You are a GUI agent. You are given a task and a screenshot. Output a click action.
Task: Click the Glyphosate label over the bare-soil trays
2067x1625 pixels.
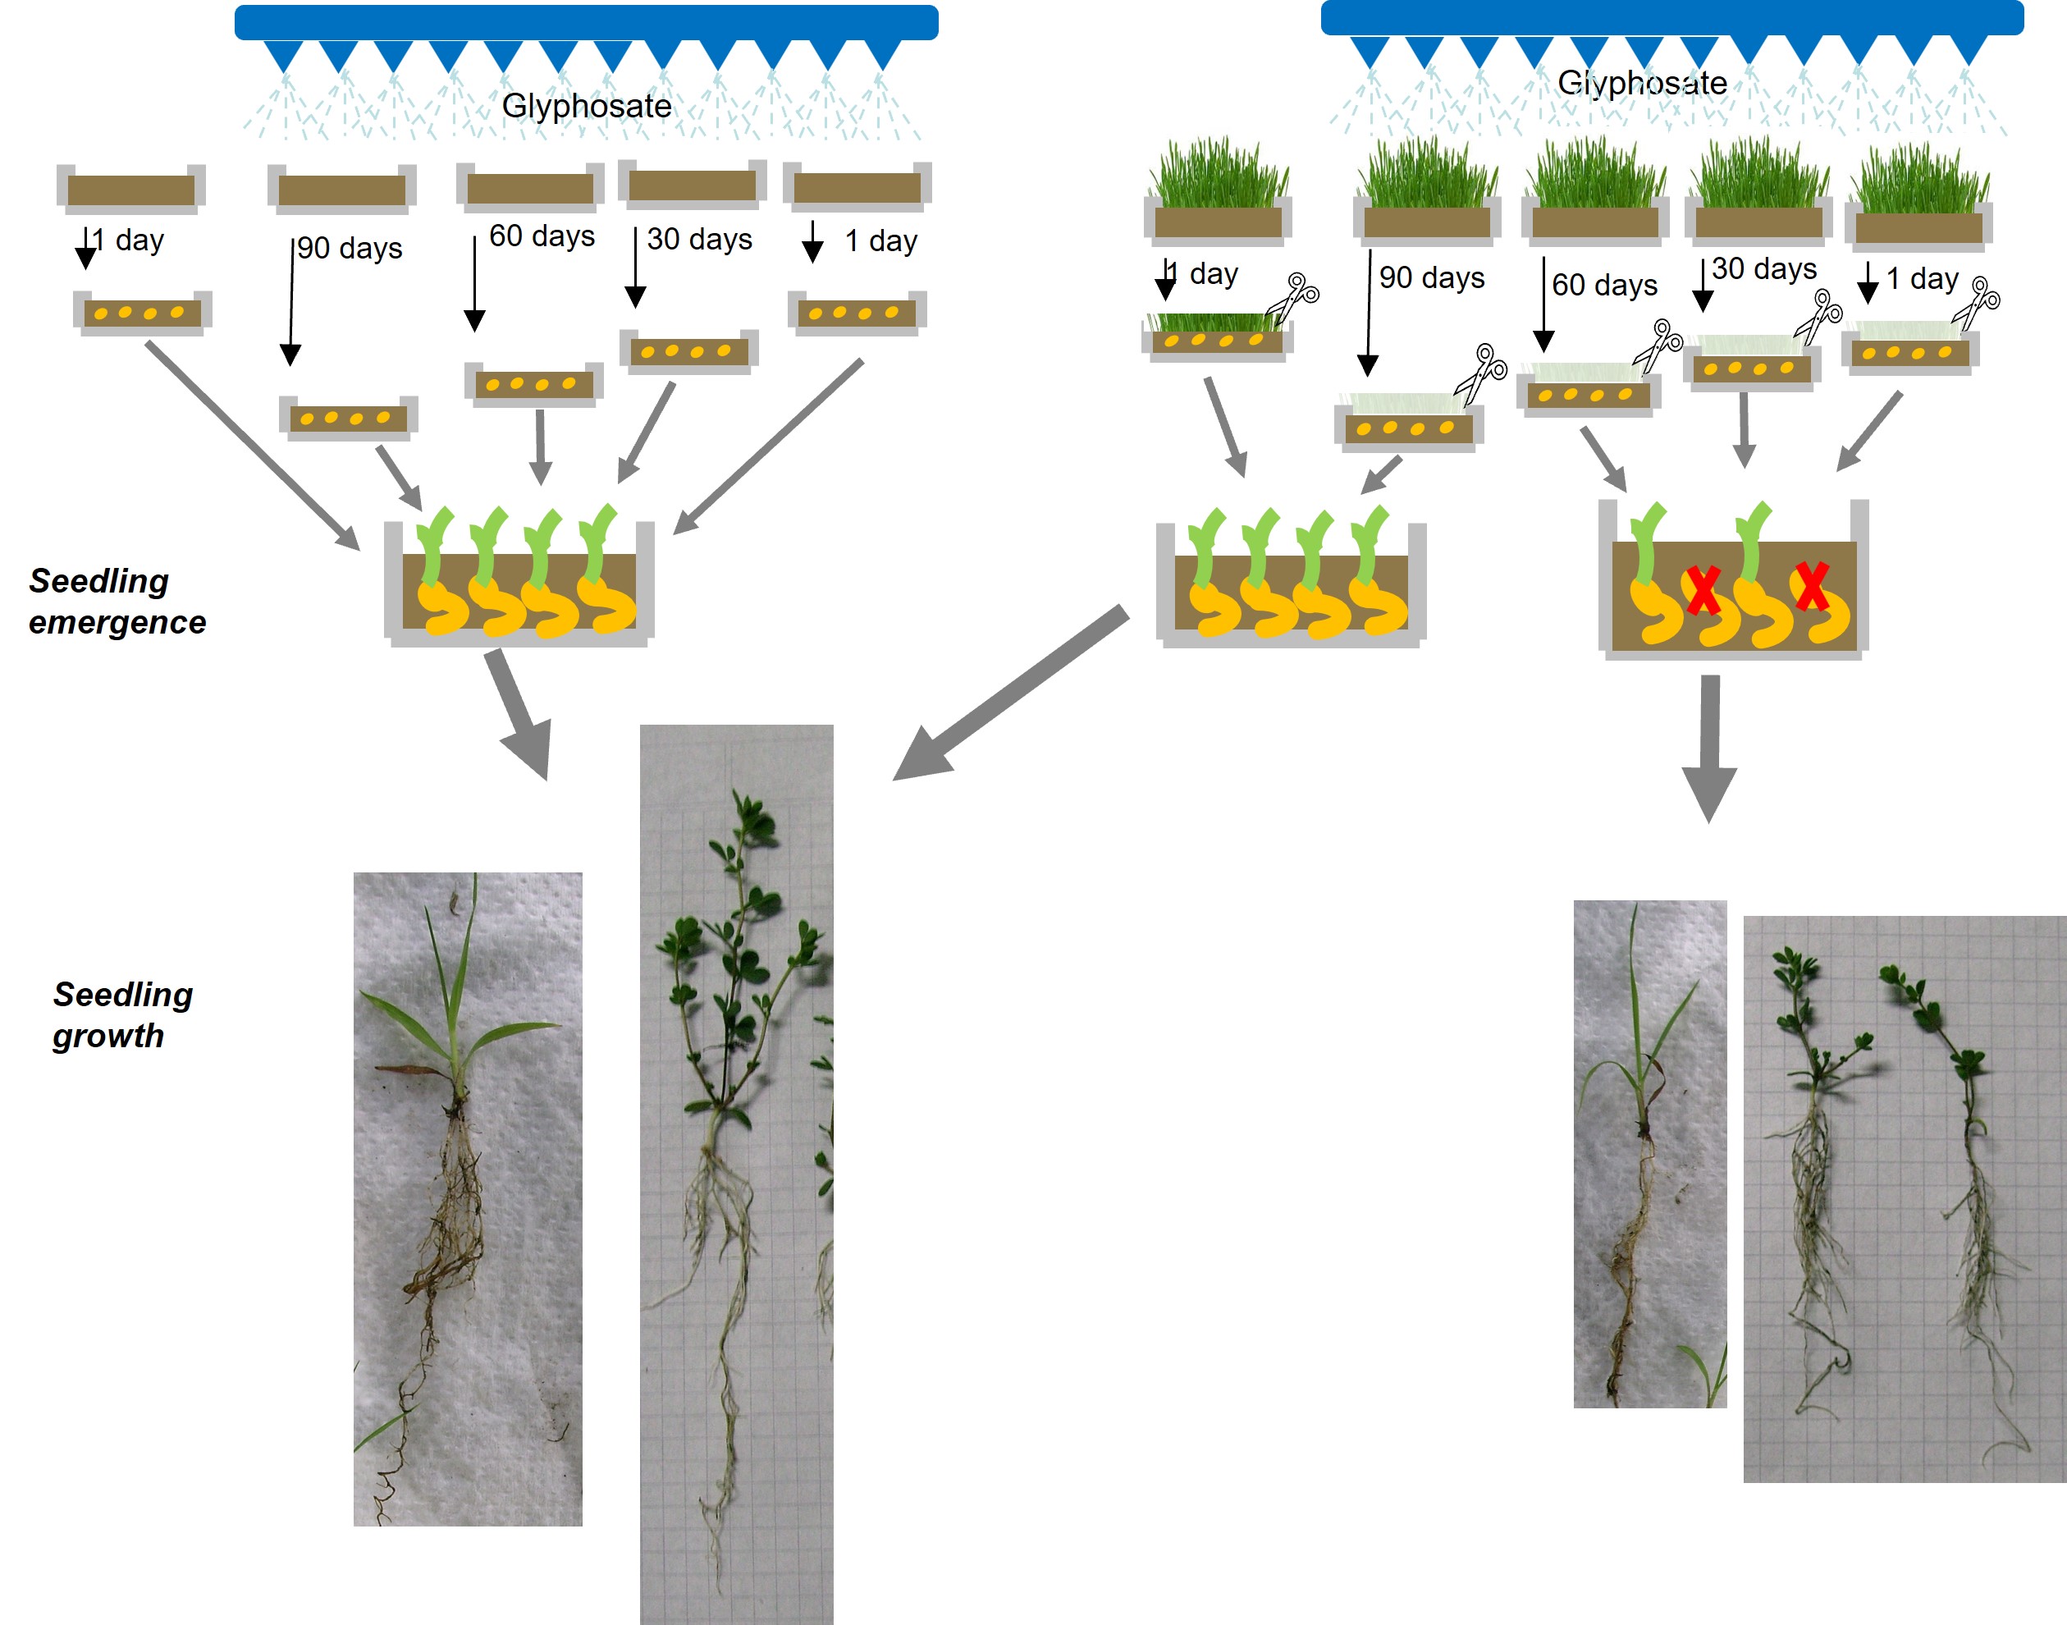click(586, 106)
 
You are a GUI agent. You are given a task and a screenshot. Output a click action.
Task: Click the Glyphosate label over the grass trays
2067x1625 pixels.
click(1642, 83)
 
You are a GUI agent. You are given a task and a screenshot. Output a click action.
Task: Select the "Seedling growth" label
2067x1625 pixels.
click(123, 1014)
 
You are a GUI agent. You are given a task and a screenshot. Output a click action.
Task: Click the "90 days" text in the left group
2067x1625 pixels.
click(349, 249)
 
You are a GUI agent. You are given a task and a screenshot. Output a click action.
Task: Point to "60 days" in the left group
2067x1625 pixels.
click(542, 236)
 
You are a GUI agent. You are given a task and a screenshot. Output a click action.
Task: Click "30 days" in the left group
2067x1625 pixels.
click(699, 239)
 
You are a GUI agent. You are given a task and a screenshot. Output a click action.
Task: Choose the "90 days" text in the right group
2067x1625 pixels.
click(1432, 278)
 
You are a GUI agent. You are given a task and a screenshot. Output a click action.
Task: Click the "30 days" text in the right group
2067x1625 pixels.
click(1763, 269)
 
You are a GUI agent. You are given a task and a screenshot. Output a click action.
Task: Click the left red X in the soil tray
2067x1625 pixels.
click(1702, 591)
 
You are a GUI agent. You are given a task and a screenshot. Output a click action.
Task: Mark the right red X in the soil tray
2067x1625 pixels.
click(1811, 586)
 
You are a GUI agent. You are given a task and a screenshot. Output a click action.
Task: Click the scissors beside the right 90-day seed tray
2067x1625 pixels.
click(1481, 373)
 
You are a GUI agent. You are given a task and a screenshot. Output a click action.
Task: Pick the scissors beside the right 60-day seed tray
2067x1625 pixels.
click(1658, 346)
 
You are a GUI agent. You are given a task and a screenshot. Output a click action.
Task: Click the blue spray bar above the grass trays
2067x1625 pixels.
click(1671, 17)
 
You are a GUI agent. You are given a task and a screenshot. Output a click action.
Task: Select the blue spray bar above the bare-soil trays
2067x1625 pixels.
click(586, 21)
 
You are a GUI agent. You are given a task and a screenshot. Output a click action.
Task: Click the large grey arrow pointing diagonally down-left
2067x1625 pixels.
click(1008, 694)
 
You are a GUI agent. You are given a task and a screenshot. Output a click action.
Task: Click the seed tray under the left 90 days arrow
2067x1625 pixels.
click(348, 418)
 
